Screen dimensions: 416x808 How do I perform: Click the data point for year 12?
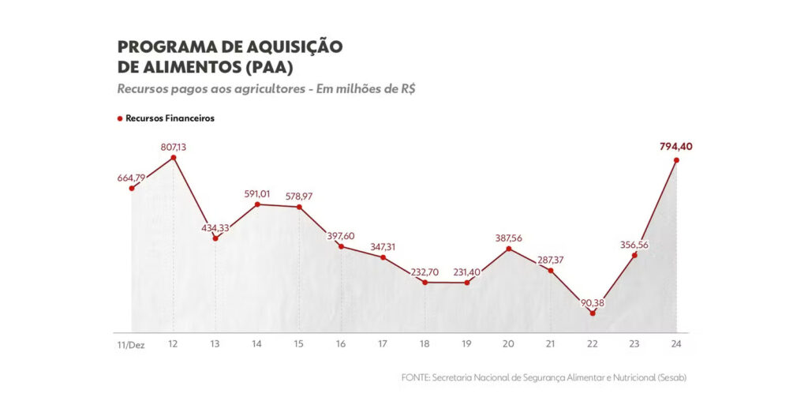173,158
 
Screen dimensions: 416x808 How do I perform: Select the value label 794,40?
676,146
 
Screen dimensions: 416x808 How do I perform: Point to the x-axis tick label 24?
676,345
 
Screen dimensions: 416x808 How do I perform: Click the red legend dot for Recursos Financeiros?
120,118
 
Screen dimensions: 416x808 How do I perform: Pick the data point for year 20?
509,249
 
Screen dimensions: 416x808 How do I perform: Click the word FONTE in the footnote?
415,378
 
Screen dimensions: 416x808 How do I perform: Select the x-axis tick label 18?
425,345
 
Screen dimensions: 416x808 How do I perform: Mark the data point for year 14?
257,204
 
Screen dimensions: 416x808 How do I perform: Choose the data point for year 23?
634,255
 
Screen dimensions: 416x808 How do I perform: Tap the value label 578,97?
299,196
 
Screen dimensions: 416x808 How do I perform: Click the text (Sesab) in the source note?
671,378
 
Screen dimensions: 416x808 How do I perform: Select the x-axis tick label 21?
551,345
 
